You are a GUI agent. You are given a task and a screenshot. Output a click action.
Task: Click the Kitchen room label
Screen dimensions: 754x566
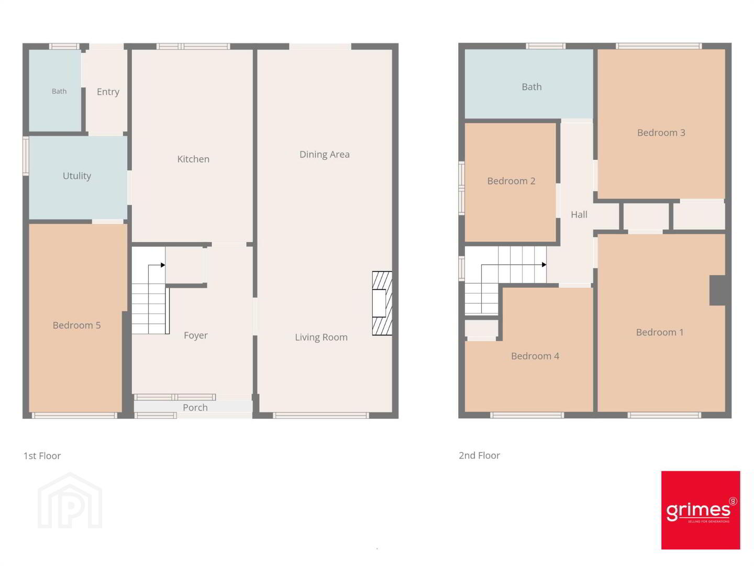(x=193, y=159)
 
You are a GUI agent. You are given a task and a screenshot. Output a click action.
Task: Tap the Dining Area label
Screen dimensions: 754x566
(x=324, y=155)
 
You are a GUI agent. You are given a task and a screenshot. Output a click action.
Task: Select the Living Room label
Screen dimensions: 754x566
(x=321, y=337)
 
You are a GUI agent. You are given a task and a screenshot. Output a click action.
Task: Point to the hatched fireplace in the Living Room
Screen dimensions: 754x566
(x=382, y=303)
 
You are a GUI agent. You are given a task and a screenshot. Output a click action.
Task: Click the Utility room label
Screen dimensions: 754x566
(x=76, y=176)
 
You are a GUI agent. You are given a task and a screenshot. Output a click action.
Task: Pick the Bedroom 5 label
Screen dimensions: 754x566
(x=76, y=325)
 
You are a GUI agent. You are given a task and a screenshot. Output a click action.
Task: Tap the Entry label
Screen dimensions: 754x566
(x=108, y=92)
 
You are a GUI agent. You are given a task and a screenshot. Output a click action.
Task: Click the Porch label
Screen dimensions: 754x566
(x=195, y=407)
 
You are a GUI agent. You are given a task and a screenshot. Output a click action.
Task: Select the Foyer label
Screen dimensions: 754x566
(x=195, y=335)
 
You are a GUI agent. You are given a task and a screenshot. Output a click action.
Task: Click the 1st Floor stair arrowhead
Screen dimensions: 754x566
(x=163, y=265)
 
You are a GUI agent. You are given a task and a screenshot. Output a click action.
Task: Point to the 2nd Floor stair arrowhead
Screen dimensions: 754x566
(x=544, y=265)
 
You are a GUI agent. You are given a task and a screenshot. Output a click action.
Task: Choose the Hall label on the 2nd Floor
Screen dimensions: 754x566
(x=579, y=215)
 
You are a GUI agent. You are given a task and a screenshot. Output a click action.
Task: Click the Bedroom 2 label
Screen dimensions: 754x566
(x=511, y=181)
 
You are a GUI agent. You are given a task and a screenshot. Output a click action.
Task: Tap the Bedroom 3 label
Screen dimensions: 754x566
(x=661, y=133)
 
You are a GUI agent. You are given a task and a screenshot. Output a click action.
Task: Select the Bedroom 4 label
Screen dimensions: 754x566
(x=535, y=356)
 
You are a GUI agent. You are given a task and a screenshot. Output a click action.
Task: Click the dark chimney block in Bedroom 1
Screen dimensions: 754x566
(x=717, y=290)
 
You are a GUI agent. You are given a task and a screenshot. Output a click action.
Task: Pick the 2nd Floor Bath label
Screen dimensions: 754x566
(x=531, y=87)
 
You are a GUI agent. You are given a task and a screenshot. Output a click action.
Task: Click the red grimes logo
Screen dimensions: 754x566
(x=701, y=510)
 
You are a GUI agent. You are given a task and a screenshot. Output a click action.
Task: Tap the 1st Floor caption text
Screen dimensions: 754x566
(x=42, y=456)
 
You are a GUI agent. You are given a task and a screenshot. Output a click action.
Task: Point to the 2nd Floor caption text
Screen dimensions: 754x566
(x=479, y=455)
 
